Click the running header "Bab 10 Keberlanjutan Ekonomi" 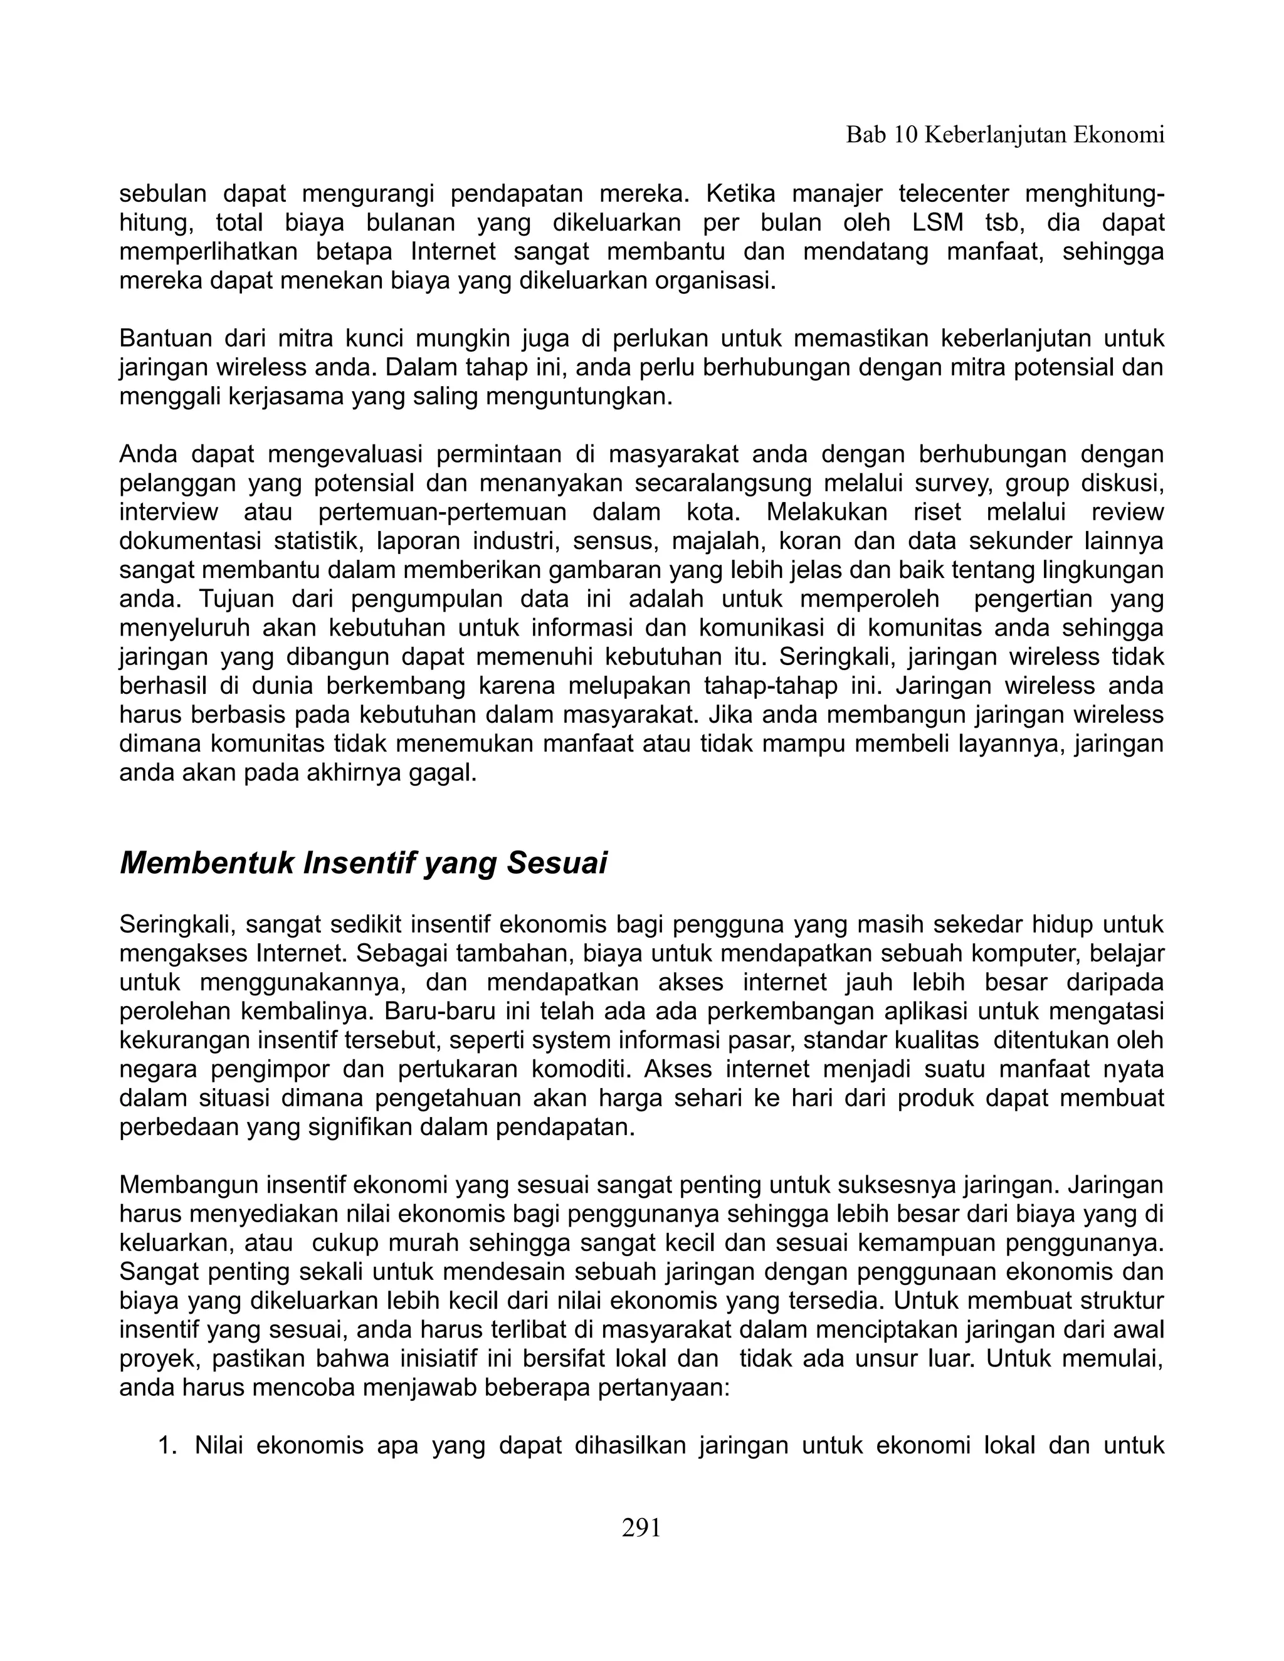click(1005, 135)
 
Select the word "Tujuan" click(236, 599)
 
